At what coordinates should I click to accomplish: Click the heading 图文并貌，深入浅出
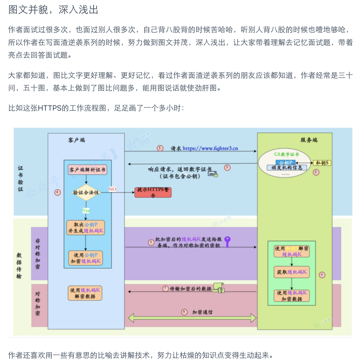53,10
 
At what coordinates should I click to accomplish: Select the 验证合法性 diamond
86,193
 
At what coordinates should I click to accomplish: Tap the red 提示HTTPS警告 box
153,193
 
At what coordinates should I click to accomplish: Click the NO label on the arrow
112,189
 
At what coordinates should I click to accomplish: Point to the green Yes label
86,211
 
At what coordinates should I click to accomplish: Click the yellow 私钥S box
322,163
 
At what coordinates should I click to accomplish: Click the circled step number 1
160,148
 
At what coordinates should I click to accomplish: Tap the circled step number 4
58,192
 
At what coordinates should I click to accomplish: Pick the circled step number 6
322,275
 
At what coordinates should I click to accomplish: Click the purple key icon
227,241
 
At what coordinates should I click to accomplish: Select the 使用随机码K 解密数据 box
85,293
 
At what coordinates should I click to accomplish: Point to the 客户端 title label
74,140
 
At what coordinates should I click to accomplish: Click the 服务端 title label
309,140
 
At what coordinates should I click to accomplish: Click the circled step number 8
184,312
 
